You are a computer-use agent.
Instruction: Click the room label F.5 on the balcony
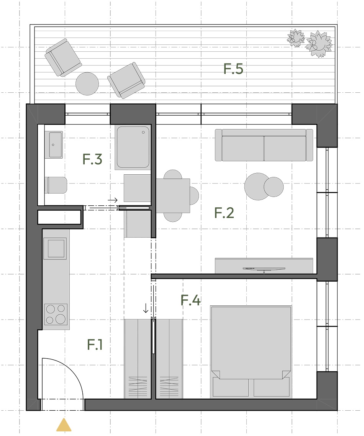233,69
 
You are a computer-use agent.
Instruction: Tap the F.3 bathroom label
92,159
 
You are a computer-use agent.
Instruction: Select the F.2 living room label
224,213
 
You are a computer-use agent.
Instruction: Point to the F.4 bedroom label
190,300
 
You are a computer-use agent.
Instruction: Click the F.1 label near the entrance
95,344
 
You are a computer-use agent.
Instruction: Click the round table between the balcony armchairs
87,84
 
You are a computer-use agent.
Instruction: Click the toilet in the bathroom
56,185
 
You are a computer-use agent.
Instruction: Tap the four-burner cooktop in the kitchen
56,314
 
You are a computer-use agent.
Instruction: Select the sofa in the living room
264,145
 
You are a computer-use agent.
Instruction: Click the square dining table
173,196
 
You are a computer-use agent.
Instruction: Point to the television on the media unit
264,269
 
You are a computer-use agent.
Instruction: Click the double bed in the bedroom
251,352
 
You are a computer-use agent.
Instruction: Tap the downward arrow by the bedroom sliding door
146,308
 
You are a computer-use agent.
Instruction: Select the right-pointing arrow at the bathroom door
113,200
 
